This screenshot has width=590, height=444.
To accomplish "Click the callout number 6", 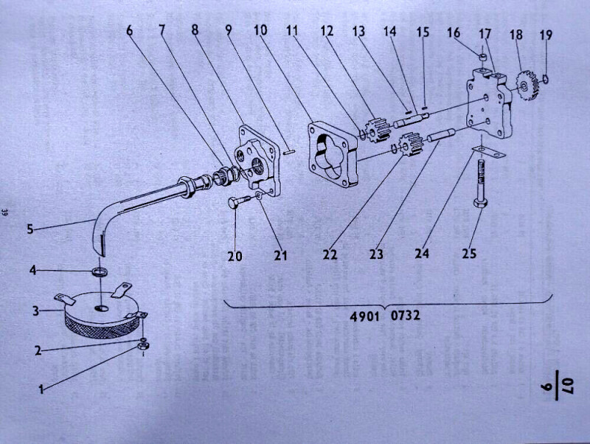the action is (x=130, y=30).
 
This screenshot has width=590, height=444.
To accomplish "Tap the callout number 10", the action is (x=260, y=30).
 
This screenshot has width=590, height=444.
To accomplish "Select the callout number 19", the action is (x=546, y=35).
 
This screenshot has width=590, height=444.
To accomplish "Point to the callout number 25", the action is (x=469, y=254).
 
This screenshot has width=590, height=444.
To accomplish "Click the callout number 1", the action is (x=41, y=389).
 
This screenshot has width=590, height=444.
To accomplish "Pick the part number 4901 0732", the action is (x=385, y=316).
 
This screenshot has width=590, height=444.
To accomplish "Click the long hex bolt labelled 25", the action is (x=481, y=183).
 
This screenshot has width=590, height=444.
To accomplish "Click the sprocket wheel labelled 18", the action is (x=527, y=86).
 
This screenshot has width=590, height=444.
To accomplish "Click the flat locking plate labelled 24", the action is (x=488, y=152).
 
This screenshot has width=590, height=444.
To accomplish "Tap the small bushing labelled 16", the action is (x=484, y=58).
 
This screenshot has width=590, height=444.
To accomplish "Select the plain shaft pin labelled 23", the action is (x=442, y=136).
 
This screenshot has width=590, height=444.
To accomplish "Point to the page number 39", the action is (x=5, y=212).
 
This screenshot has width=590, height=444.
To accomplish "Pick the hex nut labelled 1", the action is (x=142, y=346).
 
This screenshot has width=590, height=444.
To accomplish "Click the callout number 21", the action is (x=280, y=255).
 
